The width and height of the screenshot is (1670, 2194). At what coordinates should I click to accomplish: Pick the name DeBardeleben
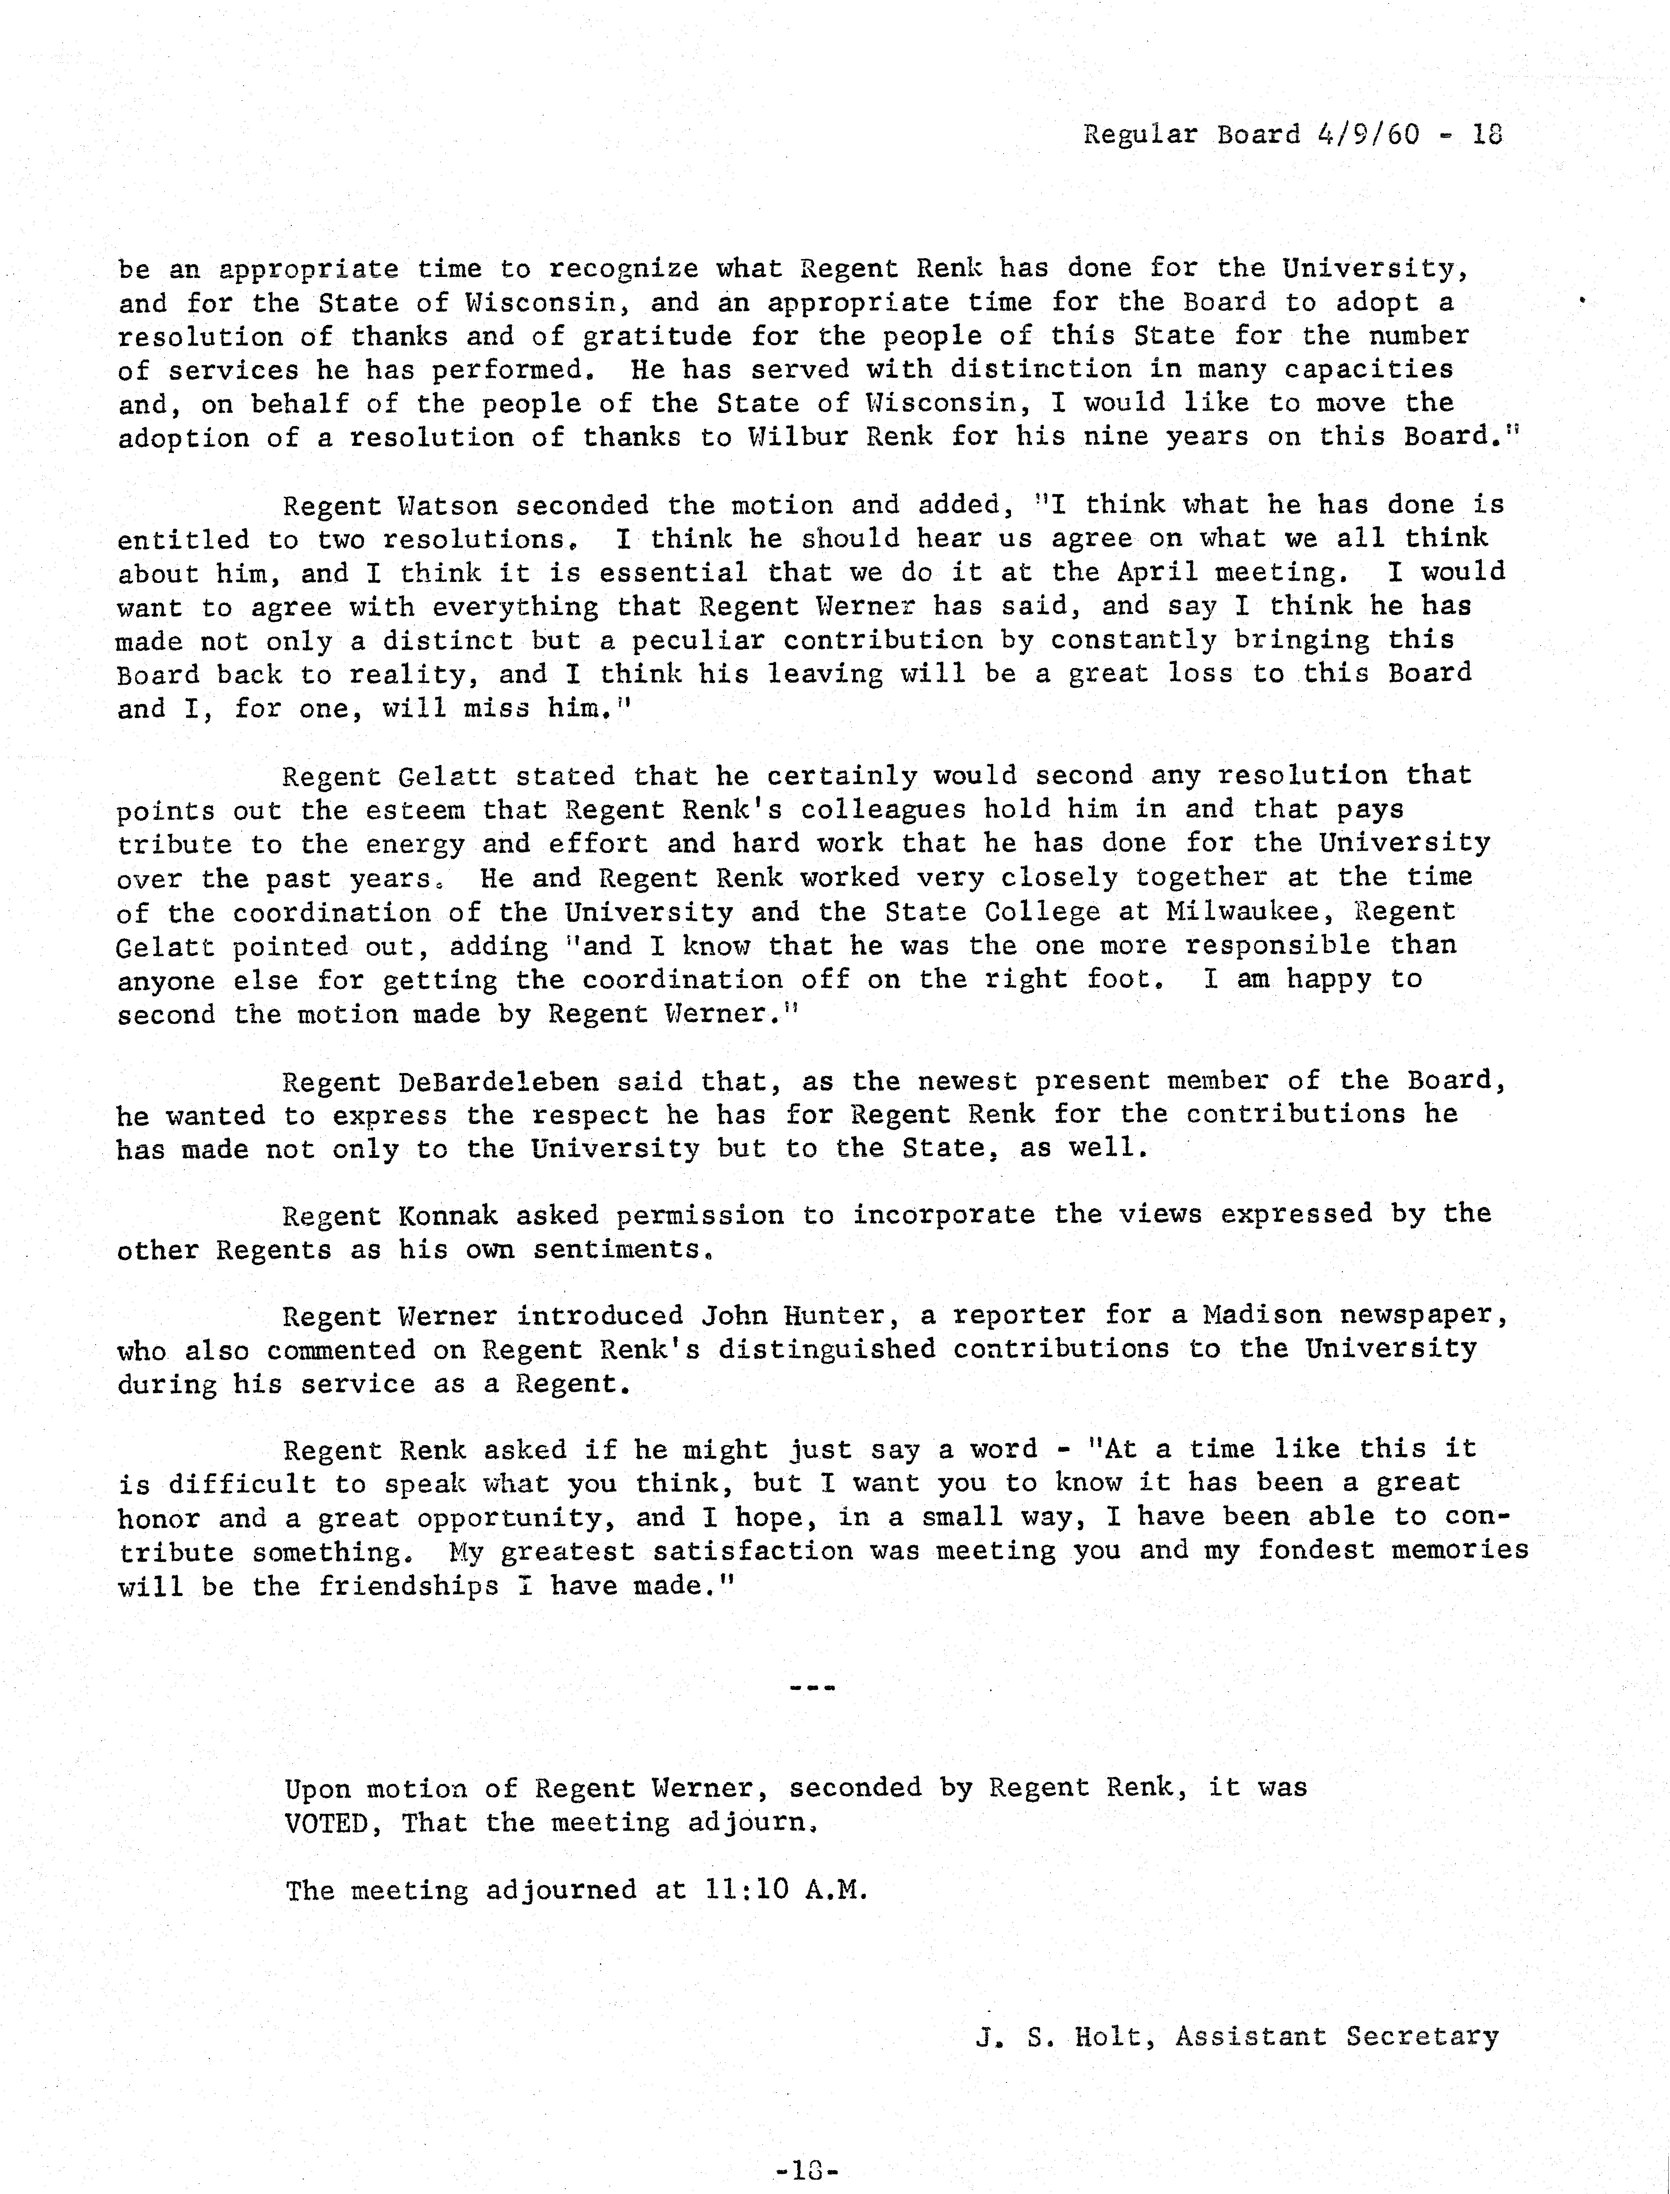[499, 1082]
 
